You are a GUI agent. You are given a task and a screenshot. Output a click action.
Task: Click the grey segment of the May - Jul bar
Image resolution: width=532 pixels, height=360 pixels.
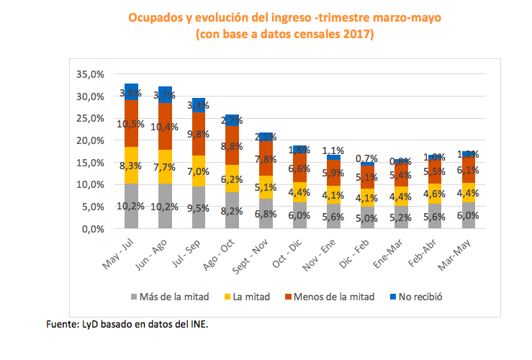[131, 206]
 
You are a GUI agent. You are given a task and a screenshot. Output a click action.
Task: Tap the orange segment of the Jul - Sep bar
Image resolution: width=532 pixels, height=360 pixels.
[199, 133]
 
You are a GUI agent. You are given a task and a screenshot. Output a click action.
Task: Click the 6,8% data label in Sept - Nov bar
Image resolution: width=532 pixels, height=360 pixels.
[266, 214]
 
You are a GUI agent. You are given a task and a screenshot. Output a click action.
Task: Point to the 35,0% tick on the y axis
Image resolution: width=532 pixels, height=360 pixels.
[91, 74]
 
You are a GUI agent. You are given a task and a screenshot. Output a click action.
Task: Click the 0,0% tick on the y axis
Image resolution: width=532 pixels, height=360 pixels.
[94, 229]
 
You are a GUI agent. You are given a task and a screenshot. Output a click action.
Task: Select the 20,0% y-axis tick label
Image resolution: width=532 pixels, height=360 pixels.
[91, 140]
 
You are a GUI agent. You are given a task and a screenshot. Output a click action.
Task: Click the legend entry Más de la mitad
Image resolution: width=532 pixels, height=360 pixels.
[169, 296]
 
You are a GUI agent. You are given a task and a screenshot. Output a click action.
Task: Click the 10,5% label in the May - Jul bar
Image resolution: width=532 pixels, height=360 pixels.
[131, 124]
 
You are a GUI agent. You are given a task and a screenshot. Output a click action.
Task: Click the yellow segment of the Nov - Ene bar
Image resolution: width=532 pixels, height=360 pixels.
[334, 195]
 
